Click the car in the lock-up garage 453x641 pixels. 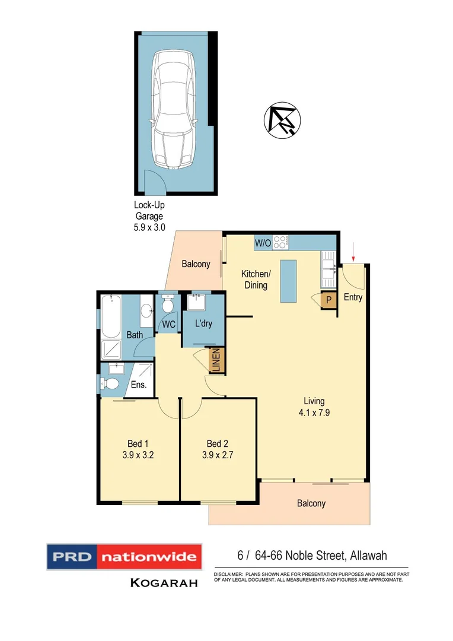tap(173, 110)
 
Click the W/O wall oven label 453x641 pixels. tap(263, 243)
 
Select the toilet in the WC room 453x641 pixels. tap(168, 305)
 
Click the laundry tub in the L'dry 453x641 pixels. tap(196, 303)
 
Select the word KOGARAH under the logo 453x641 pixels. tap(164, 583)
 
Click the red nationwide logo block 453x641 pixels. tap(149, 557)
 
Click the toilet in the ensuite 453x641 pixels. tap(110, 384)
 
